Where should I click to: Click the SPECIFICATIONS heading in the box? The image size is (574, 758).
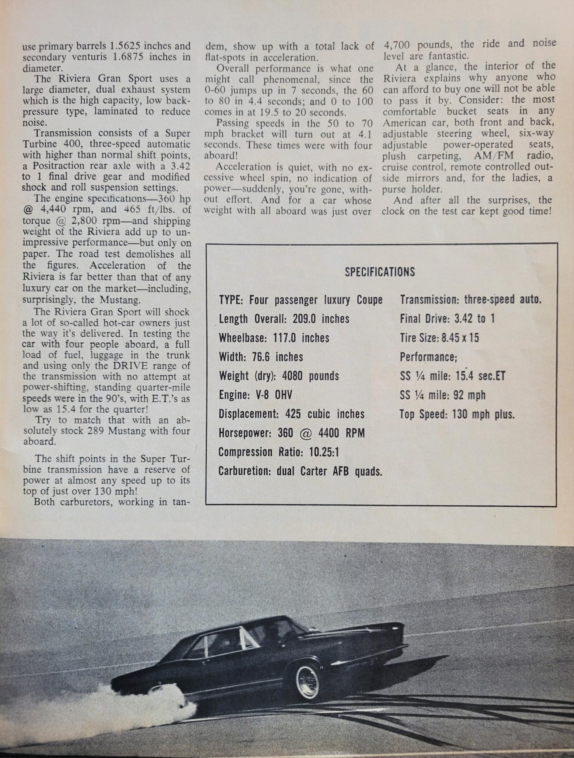coord(380,272)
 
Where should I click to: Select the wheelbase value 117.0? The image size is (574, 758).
coord(285,338)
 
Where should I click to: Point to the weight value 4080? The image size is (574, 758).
coord(294,376)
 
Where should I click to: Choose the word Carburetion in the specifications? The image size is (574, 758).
coord(245,471)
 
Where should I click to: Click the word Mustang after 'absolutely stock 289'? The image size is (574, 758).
coord(168,431)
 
